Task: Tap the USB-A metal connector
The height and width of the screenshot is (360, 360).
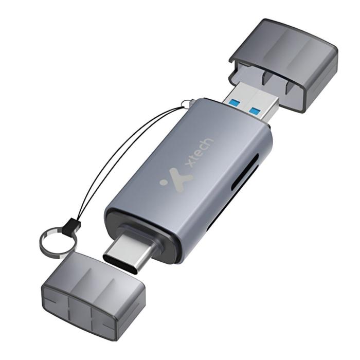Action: tap(251, 101)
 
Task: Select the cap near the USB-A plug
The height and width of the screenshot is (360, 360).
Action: tap(283, 65)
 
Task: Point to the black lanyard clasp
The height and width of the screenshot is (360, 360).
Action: tap(71, 226)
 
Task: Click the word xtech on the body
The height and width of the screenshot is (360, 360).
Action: tap(199, 153)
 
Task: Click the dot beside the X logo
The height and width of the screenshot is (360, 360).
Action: tap(164, 183)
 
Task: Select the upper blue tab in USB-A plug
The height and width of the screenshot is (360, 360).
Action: tap(235, 101)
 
